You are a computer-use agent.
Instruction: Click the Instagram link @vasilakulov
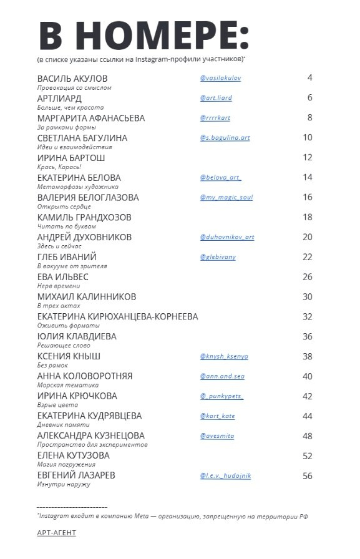click(x=220, y=79)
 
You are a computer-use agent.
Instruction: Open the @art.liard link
click(x=216, y=99)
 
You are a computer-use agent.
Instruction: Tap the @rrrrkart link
click(x=215, y=118)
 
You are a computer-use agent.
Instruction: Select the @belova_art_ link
click(x=220, y=178)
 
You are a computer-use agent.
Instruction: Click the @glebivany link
click(x=218, y=257)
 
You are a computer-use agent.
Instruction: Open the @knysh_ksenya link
click(x=224, y=356)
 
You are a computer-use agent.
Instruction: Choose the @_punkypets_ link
click(x=221, y=396)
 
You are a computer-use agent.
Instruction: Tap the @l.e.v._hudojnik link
click(x=225, y=475)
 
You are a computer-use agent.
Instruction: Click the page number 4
click(x=309, y=78)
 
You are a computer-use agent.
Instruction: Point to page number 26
click(x=307, y=276)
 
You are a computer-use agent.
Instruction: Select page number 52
click(x=307, y=455)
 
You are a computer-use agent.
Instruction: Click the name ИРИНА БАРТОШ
click(x=72, y=158)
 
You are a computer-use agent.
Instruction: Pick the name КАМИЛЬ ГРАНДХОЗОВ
click(x=84, y=217)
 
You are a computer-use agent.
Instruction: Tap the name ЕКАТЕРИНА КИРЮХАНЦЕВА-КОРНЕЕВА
click(x=117, y=316)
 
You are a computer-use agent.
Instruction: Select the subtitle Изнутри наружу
click(x=64, y=485)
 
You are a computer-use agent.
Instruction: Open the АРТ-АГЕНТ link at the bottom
click(x=56, y=533)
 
